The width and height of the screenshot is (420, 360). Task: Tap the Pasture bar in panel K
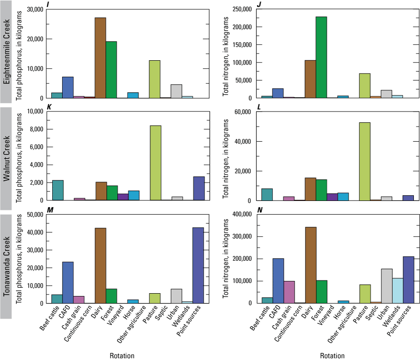(155, 163)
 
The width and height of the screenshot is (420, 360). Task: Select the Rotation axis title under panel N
(332, 356)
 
